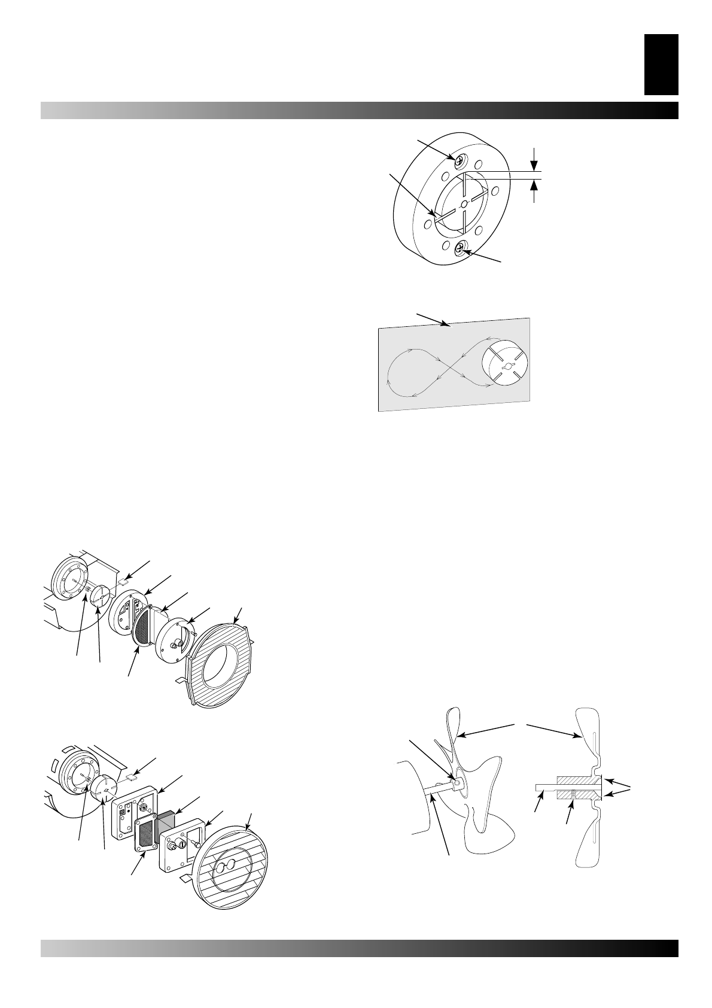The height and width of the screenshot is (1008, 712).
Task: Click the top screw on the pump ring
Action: [x=460, y=160]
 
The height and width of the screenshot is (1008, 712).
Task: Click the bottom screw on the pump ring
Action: [x=460, y=248]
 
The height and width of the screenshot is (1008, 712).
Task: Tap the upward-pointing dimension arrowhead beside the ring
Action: [x=534, y=185]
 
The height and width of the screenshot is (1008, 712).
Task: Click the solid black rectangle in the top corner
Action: [x=661, y=64]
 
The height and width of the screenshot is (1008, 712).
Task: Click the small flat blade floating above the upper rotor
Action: [x=123, y=580]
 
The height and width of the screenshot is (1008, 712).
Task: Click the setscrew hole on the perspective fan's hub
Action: [x=458, y=782]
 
